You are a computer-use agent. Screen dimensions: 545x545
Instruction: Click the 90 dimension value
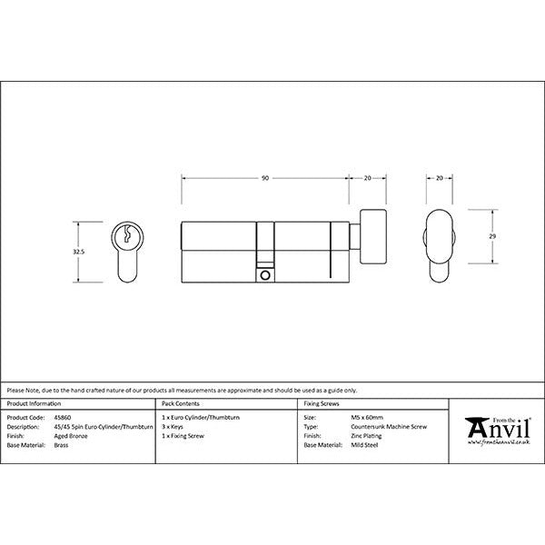click(264, 178)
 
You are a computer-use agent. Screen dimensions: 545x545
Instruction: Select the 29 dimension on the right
click(491, 235)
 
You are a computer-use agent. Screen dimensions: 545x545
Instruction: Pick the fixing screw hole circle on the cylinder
click(264, 273)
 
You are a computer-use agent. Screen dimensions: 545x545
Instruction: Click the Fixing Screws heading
click(322, 401)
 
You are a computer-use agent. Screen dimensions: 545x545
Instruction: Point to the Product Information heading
click(35, 401)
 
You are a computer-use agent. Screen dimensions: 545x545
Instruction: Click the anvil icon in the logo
click(476, 426)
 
